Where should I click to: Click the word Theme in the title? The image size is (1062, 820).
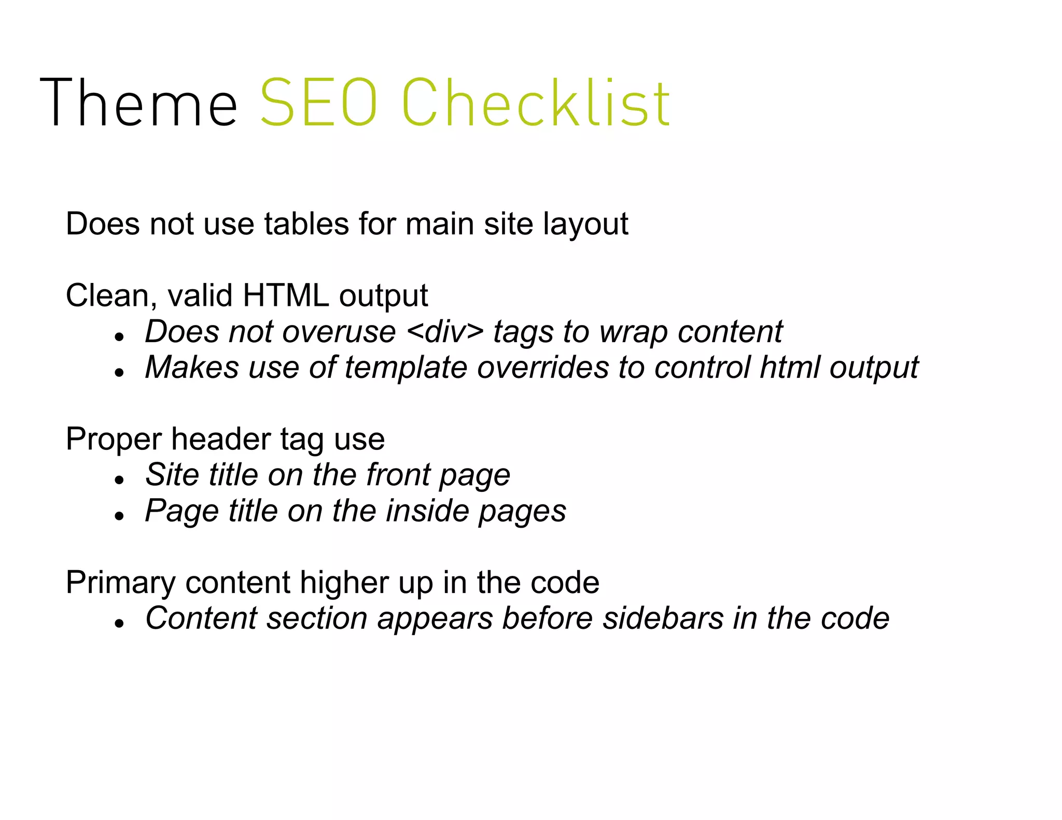coord(138,102)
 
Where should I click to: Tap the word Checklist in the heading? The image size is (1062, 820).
coord(536,102)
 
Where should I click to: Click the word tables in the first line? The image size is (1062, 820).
coord(306,224)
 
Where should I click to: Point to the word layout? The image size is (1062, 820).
coord(585,225)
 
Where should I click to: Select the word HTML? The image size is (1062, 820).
coord(285,295)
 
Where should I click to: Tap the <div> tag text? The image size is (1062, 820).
coord(445,331)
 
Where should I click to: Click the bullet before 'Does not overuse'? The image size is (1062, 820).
coord(120,336)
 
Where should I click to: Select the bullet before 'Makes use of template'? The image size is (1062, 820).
coord(120,372)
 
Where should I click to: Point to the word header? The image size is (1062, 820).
coord(221,439)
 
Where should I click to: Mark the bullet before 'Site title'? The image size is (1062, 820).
coord(120,480)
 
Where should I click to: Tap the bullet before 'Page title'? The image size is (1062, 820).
coord(120,516)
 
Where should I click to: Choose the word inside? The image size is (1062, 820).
coord(427,511)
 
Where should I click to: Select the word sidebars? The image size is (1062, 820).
coord(662,618)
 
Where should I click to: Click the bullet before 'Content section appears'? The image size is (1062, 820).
coord(120,624)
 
